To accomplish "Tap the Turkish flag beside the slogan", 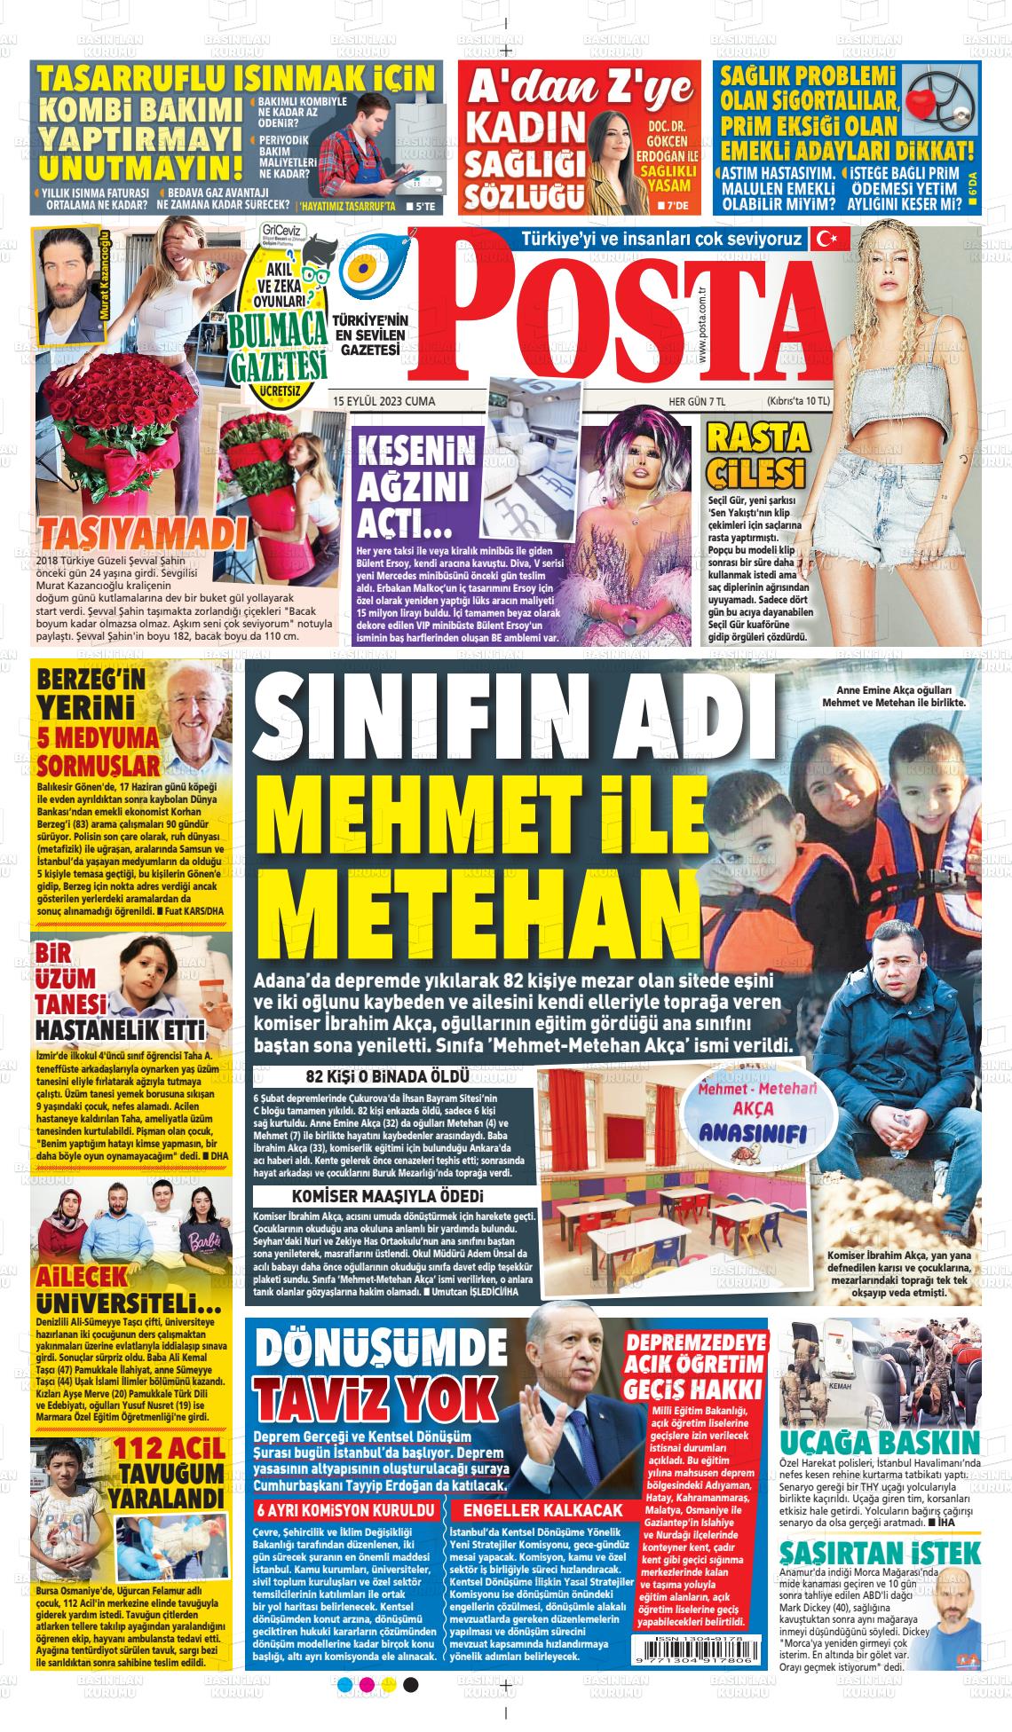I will tap(831, 239).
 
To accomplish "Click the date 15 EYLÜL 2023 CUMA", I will tap(384, 401).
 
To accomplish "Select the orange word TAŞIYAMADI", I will tap(141, 534).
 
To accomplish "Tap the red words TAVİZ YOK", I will tap(374, 1401).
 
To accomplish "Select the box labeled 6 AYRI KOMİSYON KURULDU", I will tap(345, 1509).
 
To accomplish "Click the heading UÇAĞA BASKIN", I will tap(879, 1442).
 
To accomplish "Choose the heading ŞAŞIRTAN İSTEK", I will tap(879, 1552).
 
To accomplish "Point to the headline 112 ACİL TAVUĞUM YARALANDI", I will tap(169, 1473).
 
